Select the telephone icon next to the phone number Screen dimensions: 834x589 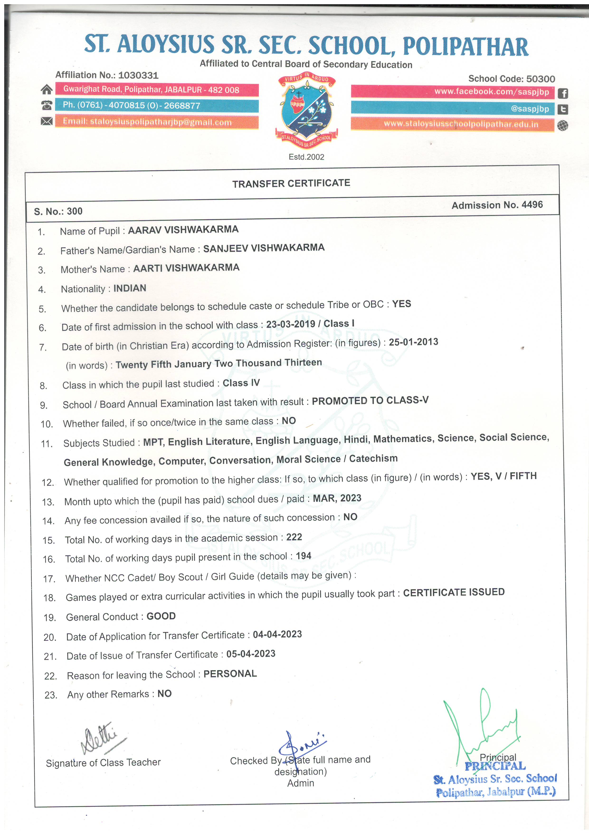(x=47, y=105)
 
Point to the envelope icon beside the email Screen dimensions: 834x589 (x=47, y=121)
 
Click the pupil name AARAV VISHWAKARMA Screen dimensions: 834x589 (x=183, y=230)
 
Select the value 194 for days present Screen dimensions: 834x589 (x=303, y=556)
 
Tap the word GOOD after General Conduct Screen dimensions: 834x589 (x=161, y=616)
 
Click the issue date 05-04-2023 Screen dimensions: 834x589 (x=251, y=654)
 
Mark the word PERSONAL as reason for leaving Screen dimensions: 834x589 (x=230, y=674)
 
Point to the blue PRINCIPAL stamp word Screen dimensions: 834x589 (x=495, y=766)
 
